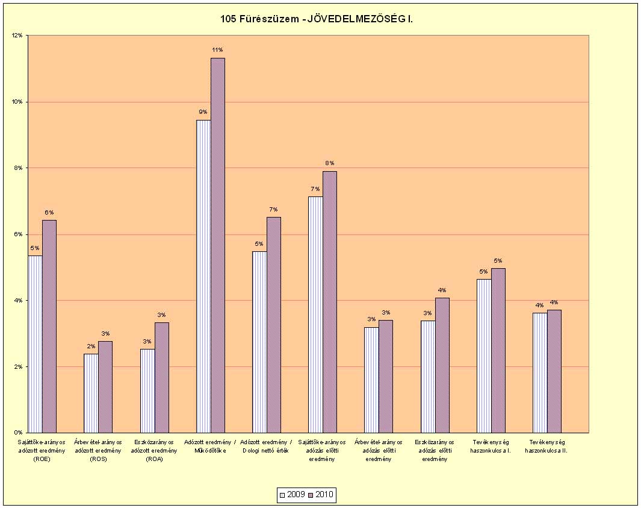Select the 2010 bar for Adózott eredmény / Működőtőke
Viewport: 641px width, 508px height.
218,245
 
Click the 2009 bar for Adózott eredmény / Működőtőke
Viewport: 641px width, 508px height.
203,276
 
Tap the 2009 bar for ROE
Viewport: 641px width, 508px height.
35,344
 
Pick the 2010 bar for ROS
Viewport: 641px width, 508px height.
105,387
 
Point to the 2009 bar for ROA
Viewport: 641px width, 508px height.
147,390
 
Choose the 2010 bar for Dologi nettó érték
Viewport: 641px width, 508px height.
274,325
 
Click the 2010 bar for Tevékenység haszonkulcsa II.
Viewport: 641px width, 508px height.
554,371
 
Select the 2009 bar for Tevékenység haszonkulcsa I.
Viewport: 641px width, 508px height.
484,356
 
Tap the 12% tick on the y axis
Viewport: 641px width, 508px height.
17,36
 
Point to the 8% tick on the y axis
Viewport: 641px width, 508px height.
18,168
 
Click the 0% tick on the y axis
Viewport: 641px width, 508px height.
18,433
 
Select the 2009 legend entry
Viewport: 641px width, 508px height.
291,495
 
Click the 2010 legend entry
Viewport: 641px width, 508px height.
320,495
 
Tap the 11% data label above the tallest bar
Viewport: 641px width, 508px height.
217,49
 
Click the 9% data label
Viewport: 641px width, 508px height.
203,112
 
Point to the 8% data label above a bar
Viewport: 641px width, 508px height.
330,163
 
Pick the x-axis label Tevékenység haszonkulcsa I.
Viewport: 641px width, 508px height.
491,447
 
